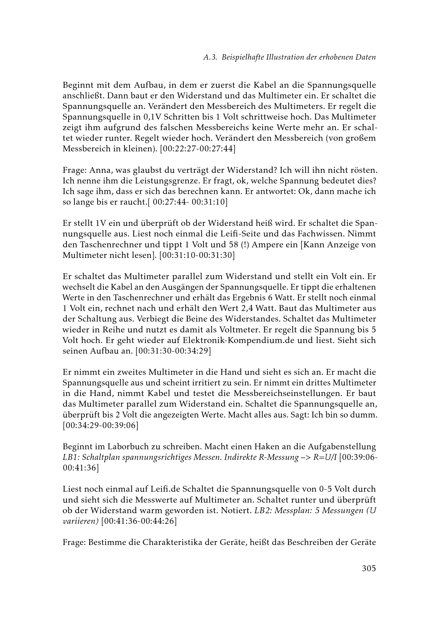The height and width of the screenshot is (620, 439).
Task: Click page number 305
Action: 369,568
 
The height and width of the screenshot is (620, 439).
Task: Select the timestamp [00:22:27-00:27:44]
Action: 198,149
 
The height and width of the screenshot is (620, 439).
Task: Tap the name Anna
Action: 100,170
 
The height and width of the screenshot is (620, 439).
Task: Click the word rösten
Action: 361,170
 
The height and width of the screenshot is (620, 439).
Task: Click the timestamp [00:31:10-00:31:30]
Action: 197,255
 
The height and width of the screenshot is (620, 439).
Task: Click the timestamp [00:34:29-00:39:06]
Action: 100,426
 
